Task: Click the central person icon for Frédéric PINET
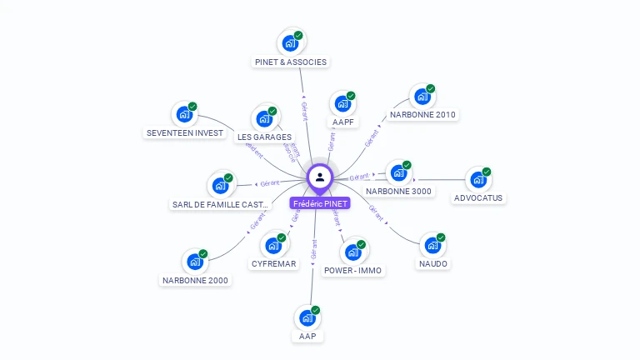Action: [320, 177]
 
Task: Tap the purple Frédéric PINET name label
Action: [320, 203]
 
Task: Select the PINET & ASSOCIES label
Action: [291, 62]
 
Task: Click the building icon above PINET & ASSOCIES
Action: [290, 42]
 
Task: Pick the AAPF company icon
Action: [342, 103]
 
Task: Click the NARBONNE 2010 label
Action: [423, 115]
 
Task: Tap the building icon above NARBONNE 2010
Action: [422, 96]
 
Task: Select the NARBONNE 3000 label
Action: [399, 191]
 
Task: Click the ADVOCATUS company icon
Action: [478, 179]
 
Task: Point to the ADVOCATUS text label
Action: [478, 198]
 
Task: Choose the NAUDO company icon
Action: [432, 245]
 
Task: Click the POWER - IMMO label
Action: [352, 270]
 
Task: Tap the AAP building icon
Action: [307, 317]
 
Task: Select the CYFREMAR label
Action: [273, 264]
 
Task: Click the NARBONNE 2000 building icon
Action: [195, 262]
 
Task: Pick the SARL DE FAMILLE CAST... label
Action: [221, 204]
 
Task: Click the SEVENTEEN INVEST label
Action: [184, 132]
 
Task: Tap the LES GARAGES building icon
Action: [264, 117]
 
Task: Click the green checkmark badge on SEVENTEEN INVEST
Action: [192, 107]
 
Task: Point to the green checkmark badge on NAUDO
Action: [441, 237]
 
